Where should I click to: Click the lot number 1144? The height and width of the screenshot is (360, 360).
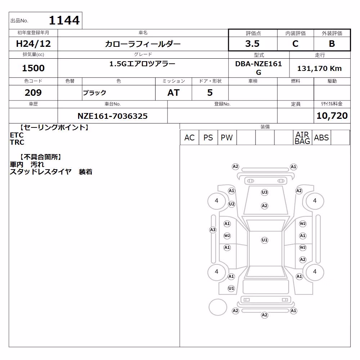(x=64, y=20)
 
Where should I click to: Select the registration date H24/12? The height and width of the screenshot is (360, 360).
(x=33, y=44)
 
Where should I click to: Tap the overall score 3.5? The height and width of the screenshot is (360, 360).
(x=252, y=44)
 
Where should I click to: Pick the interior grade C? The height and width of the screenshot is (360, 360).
(x=295, y=44)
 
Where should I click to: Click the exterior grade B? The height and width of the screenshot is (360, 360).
(x=332, y=44)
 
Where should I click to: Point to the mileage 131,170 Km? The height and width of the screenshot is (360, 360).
(x=319, y=68)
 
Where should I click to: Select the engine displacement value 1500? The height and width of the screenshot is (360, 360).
(x=33, y=68)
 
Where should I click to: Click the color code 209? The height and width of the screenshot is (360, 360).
(x=33, y=93)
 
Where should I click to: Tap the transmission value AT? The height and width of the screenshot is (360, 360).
(x=174, y=93)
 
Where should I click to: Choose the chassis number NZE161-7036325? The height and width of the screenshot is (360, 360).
(x=112, y=116)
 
